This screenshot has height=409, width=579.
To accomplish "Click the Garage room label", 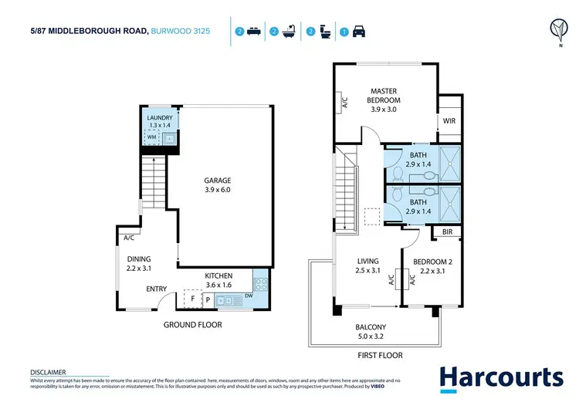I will click(x=218, y=185).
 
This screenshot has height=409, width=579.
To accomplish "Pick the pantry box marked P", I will click(x=208, y=299).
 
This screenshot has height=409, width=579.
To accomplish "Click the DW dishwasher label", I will click(x=248, y=295).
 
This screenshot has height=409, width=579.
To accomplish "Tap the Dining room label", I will click(x=139, y=264).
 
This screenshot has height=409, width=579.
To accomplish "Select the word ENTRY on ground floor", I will click(x=157, y=289).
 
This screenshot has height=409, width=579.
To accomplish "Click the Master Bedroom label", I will click(x=384, y=96).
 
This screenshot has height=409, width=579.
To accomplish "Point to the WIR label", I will click(x=448, y=120).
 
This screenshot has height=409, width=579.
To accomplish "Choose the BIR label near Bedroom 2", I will click(x=447, y=232).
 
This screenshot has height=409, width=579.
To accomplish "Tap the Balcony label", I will click(x=371, y=332).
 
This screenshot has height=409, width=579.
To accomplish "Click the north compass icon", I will click(x=556, y=29).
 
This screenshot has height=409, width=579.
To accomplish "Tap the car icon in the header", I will click(x=358, y=32).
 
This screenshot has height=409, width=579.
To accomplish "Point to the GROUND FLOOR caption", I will click(x=192, y=325).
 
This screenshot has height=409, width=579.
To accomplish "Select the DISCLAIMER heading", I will click(x=48, y=372).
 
